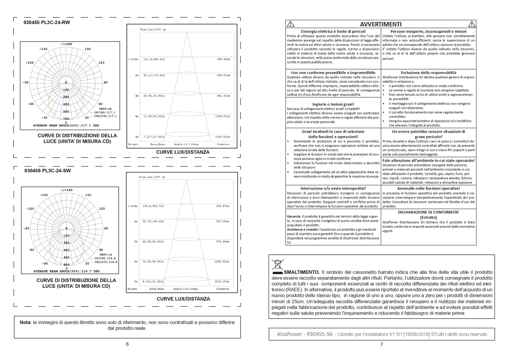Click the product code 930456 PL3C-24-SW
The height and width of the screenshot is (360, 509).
48,171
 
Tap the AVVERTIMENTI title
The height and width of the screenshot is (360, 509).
381,24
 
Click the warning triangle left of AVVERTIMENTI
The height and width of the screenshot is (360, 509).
290,24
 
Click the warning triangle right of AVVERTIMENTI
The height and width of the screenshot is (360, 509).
471,24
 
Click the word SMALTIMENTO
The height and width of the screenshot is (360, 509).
301,272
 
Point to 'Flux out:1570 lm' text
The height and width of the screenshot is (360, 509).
153,30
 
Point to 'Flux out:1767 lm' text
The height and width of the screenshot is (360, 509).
152,177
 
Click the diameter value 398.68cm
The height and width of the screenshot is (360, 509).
223,59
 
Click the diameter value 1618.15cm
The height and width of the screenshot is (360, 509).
222,282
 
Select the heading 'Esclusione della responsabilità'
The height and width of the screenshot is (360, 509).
428,73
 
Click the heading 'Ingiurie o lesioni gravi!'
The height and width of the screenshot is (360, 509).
333,104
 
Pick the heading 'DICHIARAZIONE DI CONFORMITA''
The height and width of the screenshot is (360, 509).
428,212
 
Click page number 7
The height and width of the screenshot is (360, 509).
381,344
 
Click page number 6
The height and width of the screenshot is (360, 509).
127,344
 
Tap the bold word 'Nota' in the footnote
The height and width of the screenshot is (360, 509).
25,323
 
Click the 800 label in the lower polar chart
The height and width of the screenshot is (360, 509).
66,265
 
